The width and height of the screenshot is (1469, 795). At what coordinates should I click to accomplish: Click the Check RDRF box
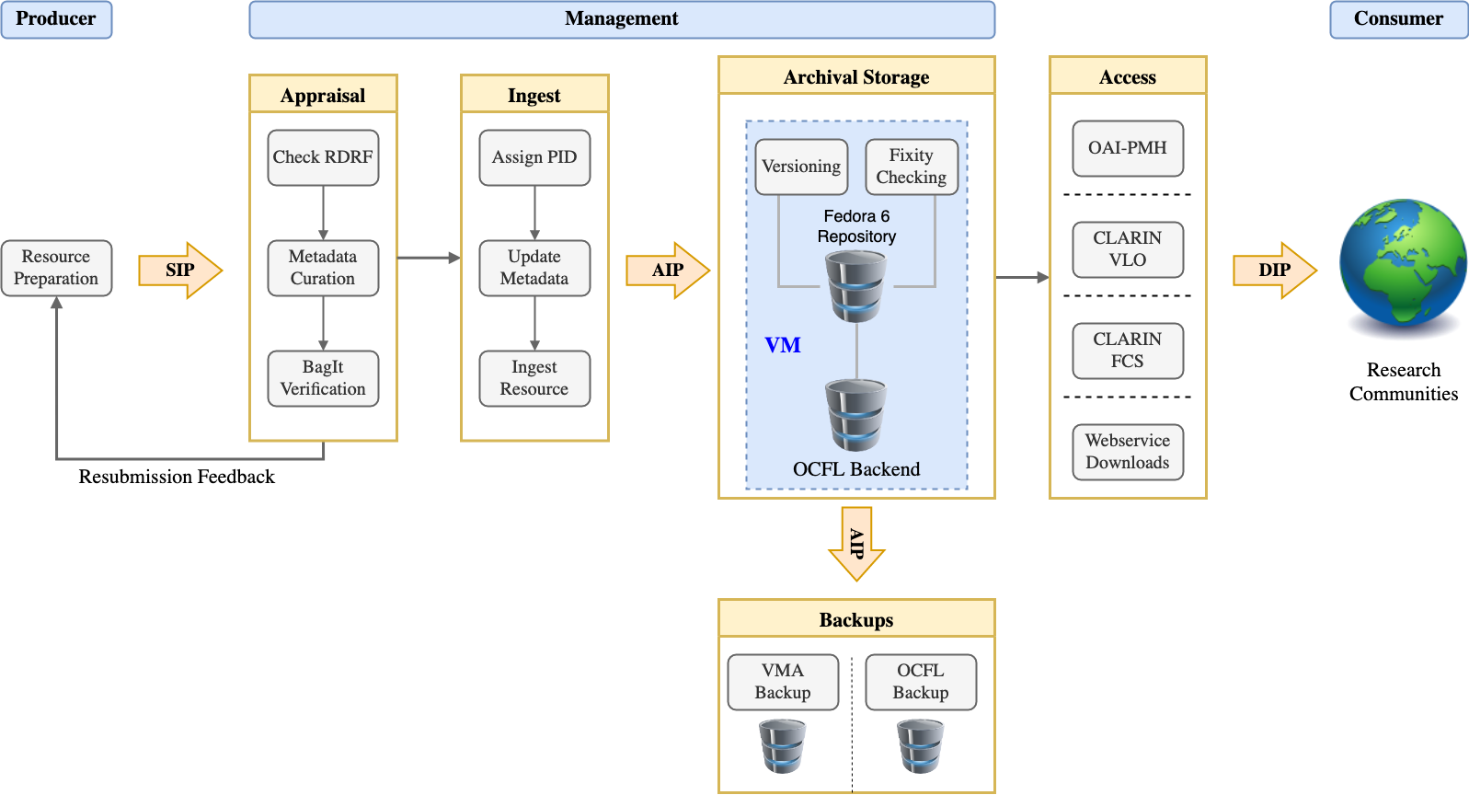(x=323, y=157)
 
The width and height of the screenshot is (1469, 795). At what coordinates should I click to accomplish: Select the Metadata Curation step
(x=323, y=268)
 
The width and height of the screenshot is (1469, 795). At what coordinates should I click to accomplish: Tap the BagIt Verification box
(x=323, y=378)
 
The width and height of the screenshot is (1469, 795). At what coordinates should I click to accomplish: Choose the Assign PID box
(x=534, y=157)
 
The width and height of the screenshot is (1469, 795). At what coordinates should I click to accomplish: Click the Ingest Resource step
(x=534, y=378)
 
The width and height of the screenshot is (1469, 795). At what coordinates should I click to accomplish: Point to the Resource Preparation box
(x=56, y=268)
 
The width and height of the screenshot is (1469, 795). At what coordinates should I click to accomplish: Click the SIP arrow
(x=180, y=270)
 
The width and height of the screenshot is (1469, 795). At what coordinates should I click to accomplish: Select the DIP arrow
(x=1275, y=270)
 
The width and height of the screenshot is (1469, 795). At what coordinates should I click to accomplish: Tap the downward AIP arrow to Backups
(x=856, y=544)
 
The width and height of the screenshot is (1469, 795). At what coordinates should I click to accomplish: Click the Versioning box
(x=801, y=167)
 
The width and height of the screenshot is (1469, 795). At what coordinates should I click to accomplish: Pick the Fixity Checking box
(x=912, y=167)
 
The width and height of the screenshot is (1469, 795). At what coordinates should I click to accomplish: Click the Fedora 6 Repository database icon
(x=856, y=287)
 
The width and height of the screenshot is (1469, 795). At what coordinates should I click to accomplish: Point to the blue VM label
(x=783, y=345)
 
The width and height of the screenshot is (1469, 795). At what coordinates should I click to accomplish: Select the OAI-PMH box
(x=1128, y=148)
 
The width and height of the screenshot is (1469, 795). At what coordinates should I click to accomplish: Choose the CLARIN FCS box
(x=1128, y=351)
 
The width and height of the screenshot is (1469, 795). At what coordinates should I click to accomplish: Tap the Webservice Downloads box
(x=1128, y=452)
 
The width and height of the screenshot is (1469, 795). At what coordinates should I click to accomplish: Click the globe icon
(x=1403, y=264)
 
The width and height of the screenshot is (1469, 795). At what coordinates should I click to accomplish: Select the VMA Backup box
(x=783, y=682)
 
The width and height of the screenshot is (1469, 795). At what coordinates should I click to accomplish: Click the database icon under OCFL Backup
(x=921, y=745)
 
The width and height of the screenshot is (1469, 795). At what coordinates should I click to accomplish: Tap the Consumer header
(x=1398, y=19)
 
